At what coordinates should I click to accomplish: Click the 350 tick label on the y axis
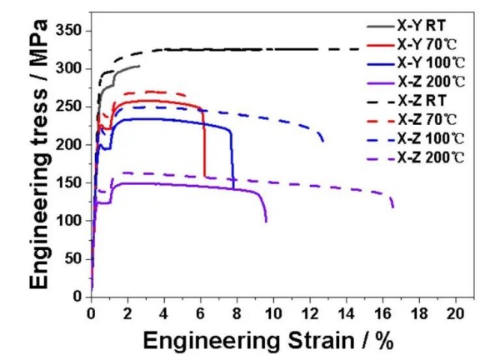pos(69,31)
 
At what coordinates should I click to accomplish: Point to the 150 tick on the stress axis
pos(69,182)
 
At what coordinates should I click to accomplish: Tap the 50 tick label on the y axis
pos(73,258)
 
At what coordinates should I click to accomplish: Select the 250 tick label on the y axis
pos(69,107)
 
